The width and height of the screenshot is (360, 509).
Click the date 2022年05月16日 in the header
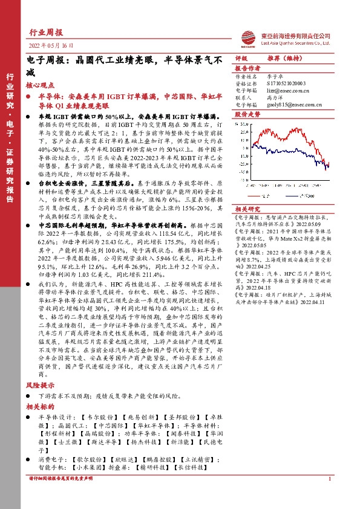point(51,46)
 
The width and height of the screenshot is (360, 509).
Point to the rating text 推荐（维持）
point(284,59)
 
